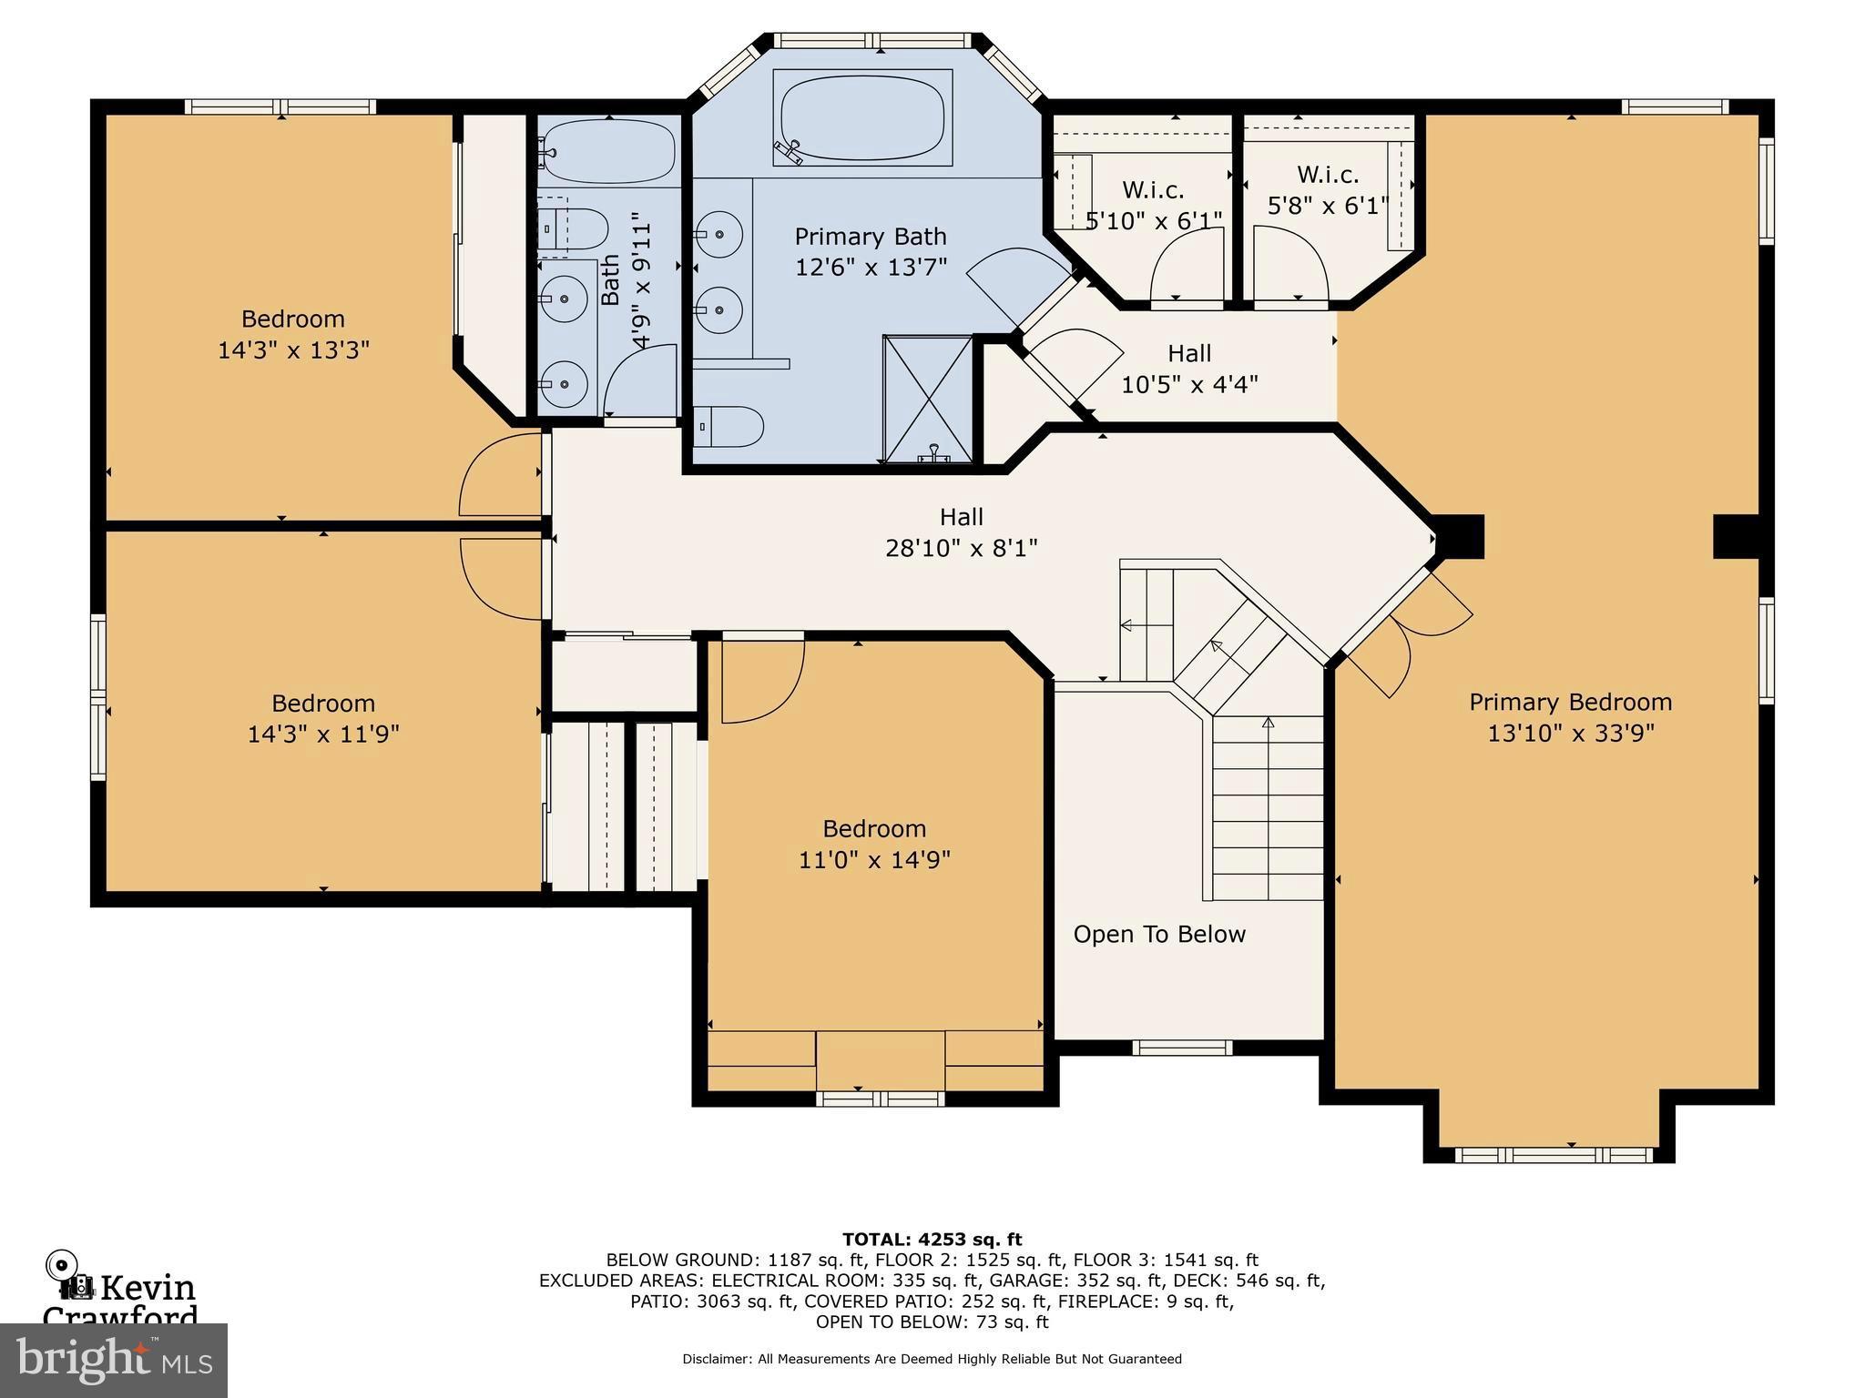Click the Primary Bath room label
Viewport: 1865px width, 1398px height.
click(x=870, y=237)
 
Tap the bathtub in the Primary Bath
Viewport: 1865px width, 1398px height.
click(x=861, y=118)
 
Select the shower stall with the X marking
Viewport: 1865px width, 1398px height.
click(x=928, y=399)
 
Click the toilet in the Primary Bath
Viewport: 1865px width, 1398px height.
click(x=729, y=426)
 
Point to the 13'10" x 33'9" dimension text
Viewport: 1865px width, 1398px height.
click(x=1570, y=733)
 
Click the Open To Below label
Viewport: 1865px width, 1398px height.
click(x=1158, y=935)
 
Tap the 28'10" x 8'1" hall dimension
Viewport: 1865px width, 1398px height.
click(x=961, y=548)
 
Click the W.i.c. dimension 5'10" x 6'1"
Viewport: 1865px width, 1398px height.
click(x=1153, y=220)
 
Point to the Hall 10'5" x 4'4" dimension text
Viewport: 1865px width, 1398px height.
click(x=1188, y=384)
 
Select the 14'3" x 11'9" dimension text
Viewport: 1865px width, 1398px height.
click(x=323, y=734)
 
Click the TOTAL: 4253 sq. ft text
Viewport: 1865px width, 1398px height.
click(x=932, y=1239)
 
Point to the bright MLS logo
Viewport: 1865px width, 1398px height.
click(x=113, y=1361)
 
